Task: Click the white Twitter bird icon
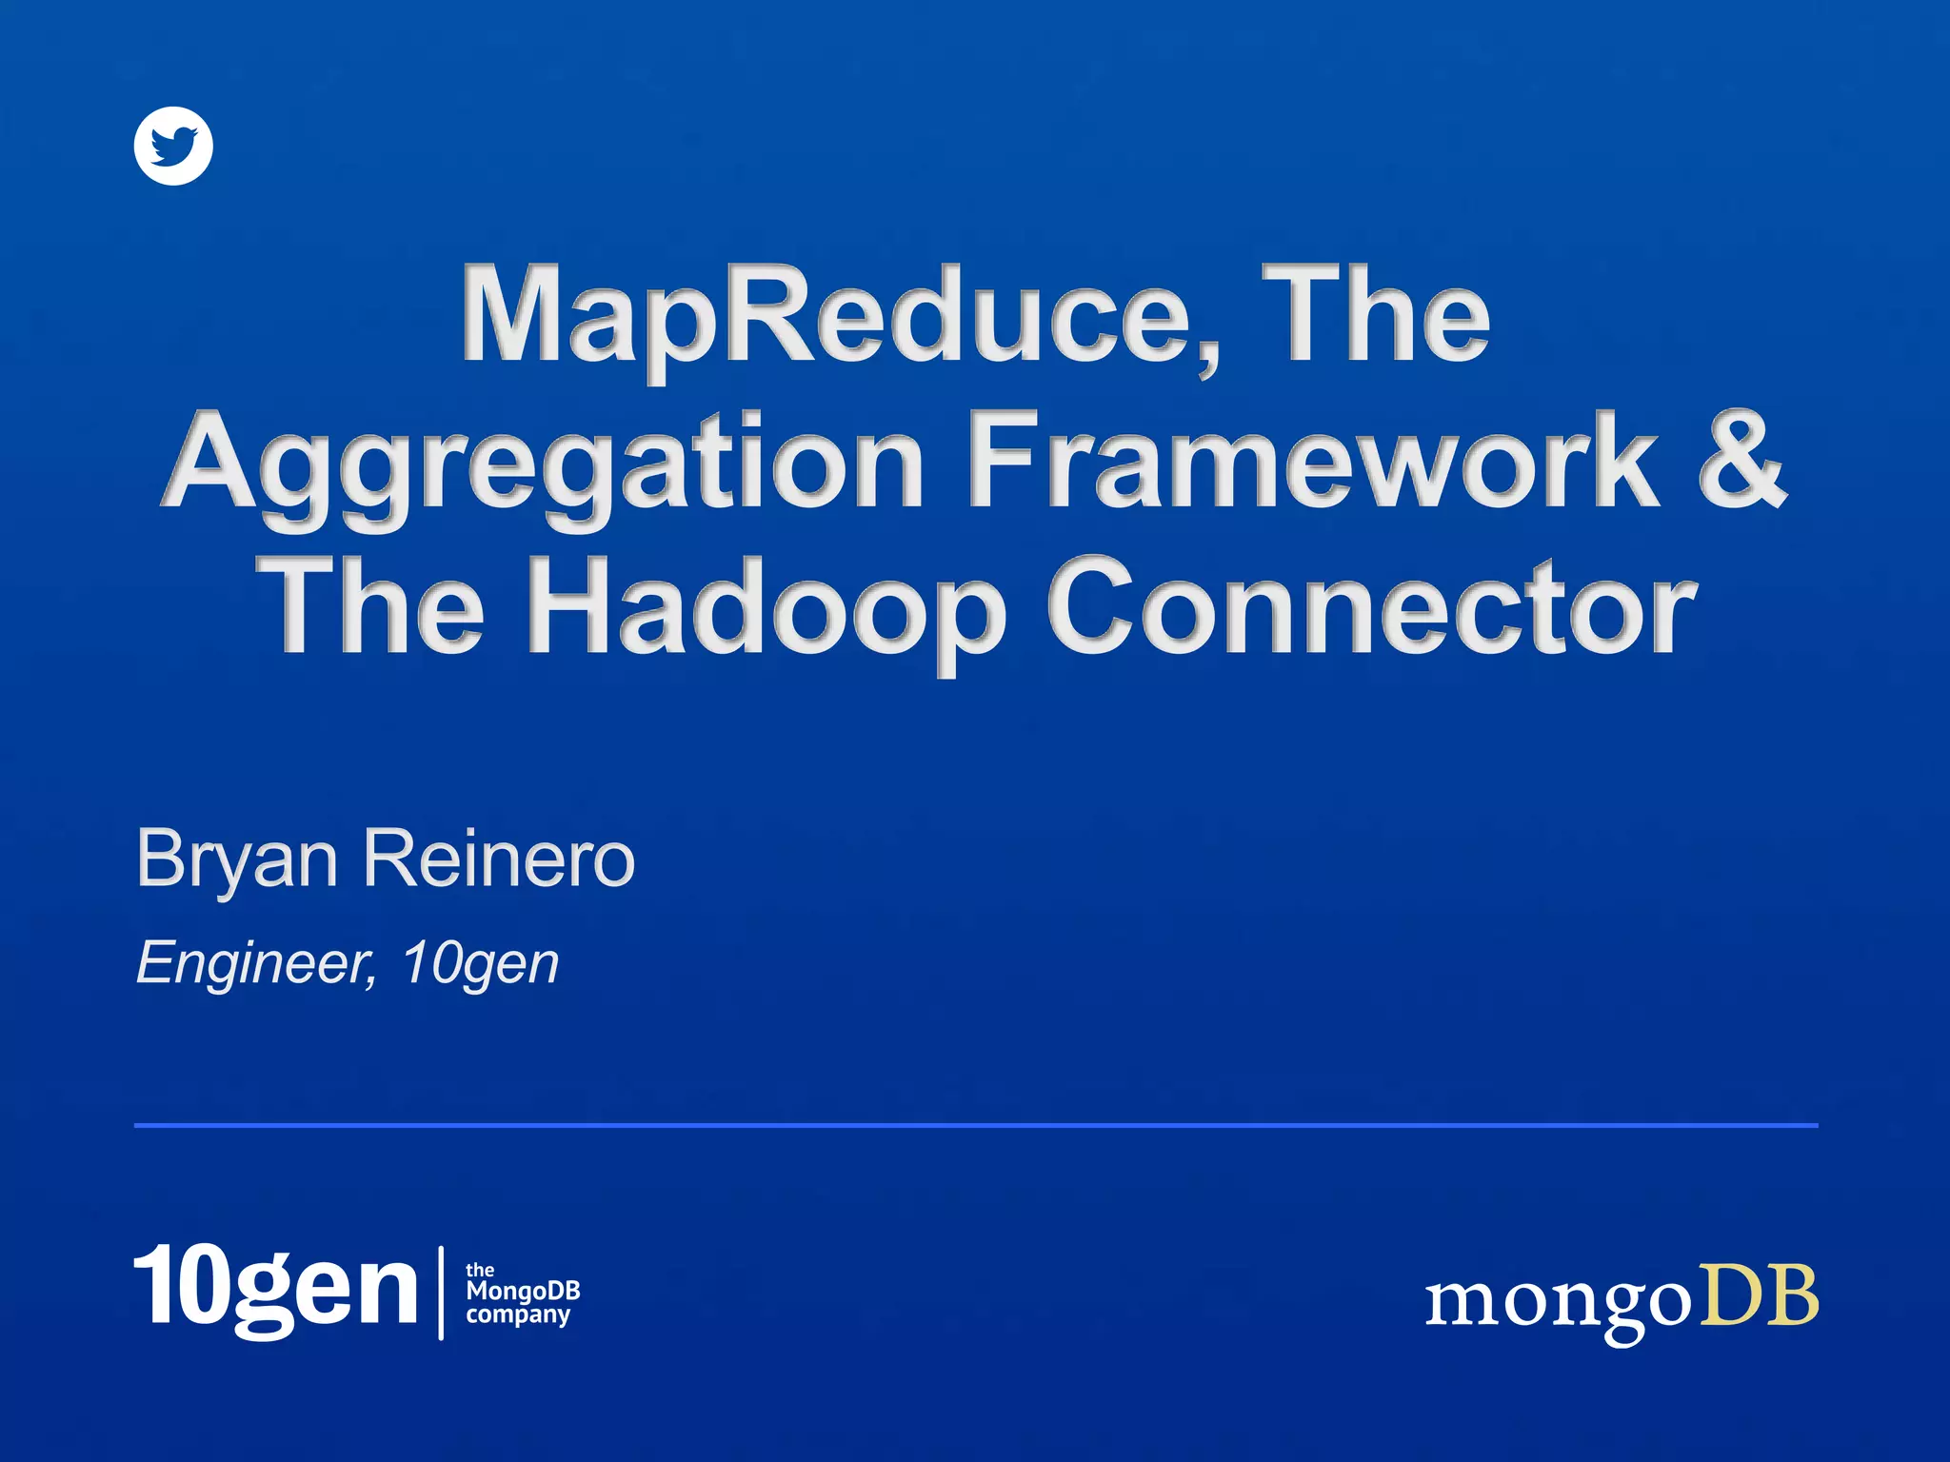(173, 146)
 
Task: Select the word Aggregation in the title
(544, 464)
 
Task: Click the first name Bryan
(237, 859)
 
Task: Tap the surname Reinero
(499, 859)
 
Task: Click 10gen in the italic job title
(480, 963)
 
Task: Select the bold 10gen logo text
(275, 1289)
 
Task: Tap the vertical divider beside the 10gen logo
(441, 1292)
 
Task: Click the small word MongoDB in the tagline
(523, 1292)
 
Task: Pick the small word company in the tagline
(518, 1315)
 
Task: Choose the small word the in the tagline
(480, 1270)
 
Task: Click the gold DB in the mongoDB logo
(1760, 1296)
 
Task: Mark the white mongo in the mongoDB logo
(1558, 1302)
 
